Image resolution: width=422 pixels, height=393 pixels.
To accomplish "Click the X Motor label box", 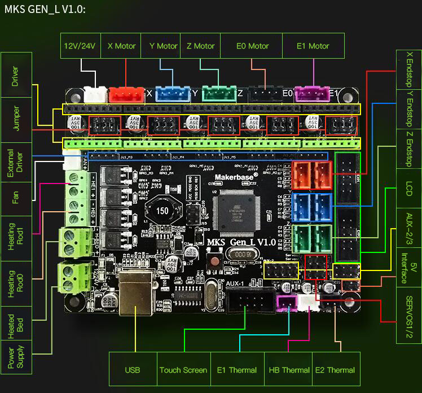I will (121, 46).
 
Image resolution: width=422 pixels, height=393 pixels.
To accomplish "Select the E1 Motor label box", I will (313, 46).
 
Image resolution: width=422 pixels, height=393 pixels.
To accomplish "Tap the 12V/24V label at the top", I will (80, 46).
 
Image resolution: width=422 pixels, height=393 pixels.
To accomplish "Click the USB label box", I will (132, 370).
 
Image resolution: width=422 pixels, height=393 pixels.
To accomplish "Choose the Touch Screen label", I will (183, 370).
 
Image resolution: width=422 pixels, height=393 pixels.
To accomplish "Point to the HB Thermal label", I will (288, 370).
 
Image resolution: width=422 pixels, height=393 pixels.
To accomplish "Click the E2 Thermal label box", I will (336, 370).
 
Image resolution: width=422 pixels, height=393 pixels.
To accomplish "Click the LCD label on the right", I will (409, 190).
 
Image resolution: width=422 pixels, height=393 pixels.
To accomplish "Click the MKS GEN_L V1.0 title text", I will (45, 10).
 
